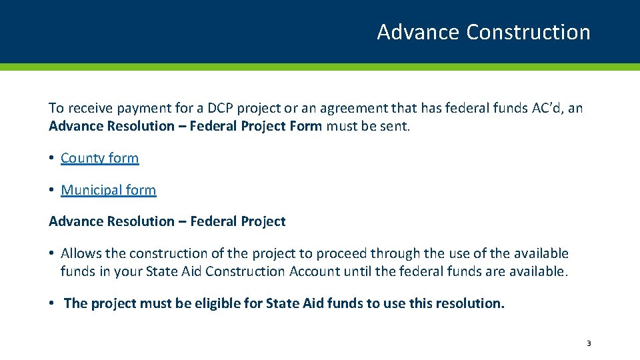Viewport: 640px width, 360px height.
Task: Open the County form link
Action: (x=99, y=158)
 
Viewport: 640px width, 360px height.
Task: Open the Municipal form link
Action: (x=108, y=190)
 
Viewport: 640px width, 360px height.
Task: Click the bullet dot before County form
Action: (x=51, y=159)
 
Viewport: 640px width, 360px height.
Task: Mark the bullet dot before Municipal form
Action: (x=51, y=191)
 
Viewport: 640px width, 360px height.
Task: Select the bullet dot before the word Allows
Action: (x=51, y=254)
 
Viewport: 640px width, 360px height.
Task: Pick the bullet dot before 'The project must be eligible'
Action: (x=51, y=304)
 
